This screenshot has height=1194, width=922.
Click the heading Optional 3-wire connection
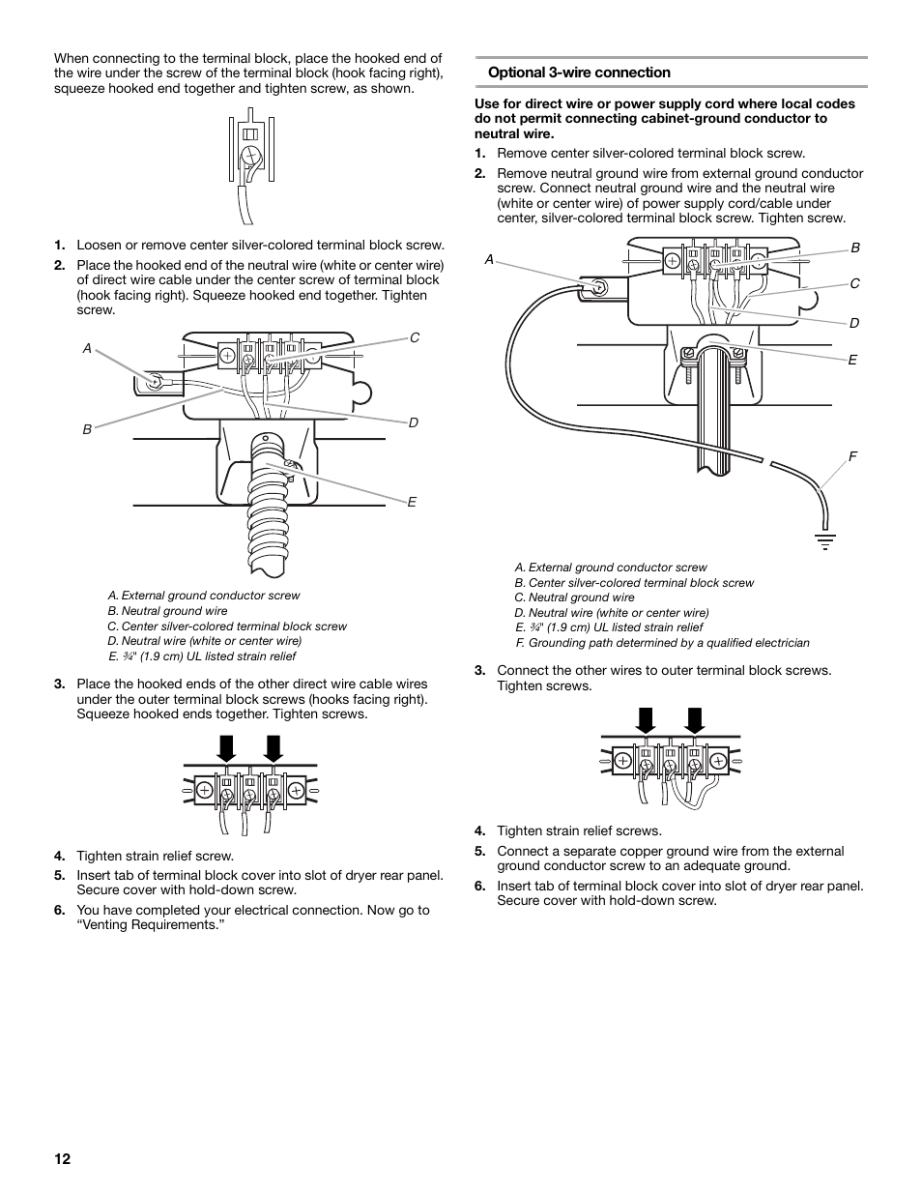[x=579, y=73]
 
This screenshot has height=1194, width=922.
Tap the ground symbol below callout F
[x=825, y=540]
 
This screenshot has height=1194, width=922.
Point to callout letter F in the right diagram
[x=853, y=456]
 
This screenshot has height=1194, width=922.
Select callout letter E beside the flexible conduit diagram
[x=411, y=503]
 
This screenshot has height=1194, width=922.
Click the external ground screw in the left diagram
[x=153, y=383]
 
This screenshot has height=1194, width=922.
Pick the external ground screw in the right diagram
[x=599, y=287]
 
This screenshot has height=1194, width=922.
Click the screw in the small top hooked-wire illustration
[x=250, y=155]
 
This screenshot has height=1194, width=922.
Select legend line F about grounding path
[x=662, y=643]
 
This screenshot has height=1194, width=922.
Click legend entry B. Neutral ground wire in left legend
[x=168, y=611]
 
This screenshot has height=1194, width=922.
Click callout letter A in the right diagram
[x=489, y=260]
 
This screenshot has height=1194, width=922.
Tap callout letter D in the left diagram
[x=413, y=423]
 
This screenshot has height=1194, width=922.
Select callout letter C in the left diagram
[x=415, y=337]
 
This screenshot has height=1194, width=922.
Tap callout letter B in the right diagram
[x=855, y=248]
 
